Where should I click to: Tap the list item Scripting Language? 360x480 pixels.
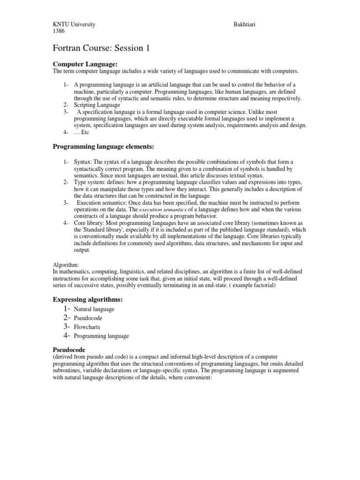click(97, 105)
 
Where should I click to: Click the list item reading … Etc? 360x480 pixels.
click(81, 132)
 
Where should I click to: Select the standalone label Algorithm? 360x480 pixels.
click(66, 265)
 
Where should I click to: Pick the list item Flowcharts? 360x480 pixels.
click(87, 327)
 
